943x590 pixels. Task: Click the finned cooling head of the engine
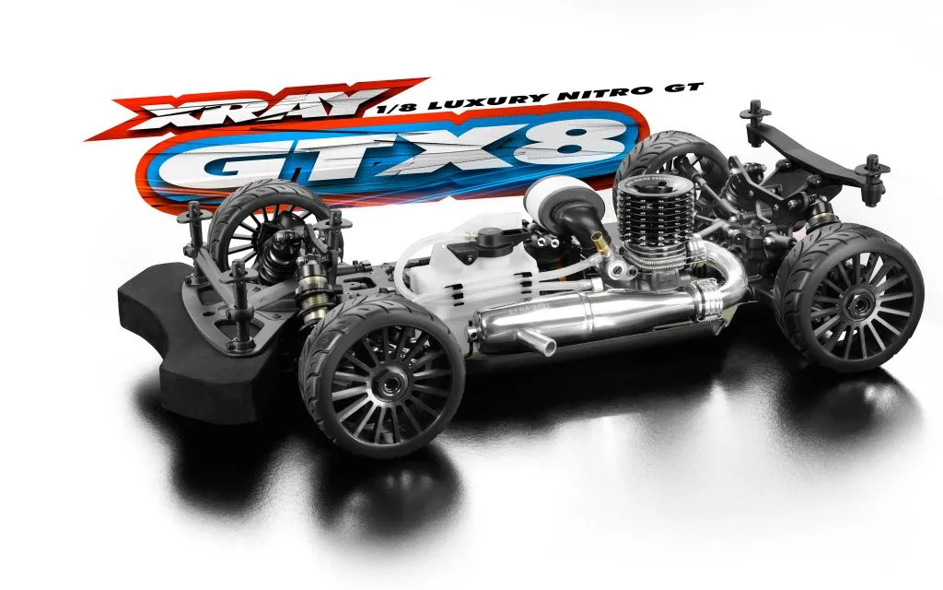tap(648, 212)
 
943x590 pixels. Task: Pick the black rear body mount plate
tap(811, 158)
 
